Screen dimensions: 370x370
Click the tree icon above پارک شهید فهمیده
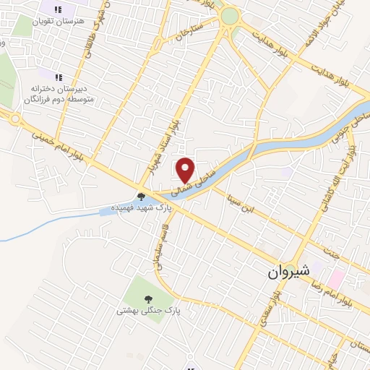point(141,196)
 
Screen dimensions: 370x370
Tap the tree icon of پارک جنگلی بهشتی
point(148,299)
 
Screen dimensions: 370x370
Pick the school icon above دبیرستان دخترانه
point(59,76)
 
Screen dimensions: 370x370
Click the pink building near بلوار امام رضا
point(337,277)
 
